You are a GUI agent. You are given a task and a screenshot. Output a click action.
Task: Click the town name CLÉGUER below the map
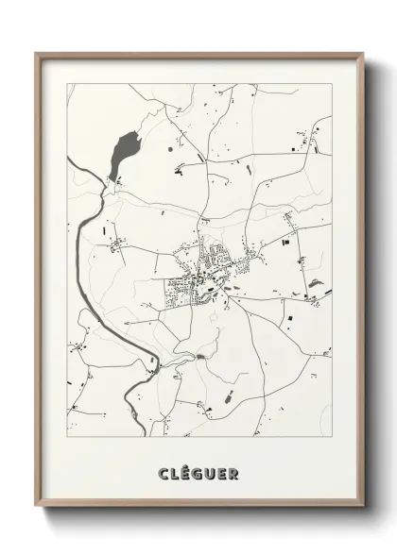199,473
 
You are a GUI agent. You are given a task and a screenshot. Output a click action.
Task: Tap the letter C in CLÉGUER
164,473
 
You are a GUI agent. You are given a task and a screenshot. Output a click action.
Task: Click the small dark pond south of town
202,357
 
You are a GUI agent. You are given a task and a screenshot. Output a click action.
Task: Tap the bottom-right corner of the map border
332,436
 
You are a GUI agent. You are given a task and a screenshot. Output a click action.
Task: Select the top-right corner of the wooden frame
363,53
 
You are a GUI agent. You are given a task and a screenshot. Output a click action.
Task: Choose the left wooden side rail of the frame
38,283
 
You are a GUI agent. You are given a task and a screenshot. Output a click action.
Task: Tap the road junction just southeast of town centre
227,300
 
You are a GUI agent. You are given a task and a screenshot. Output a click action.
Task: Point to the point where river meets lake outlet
106,185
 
